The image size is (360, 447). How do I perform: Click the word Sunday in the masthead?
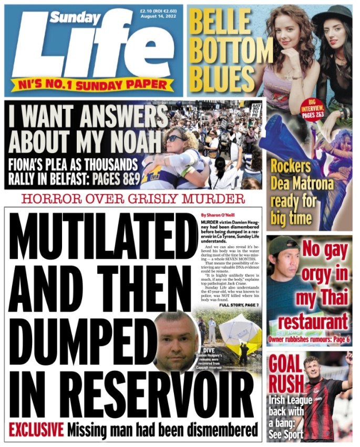[x=76, y=18]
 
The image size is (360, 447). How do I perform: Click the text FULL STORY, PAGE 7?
[x=240, y=304]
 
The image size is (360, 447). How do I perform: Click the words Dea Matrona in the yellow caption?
[x=298, y=184]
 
